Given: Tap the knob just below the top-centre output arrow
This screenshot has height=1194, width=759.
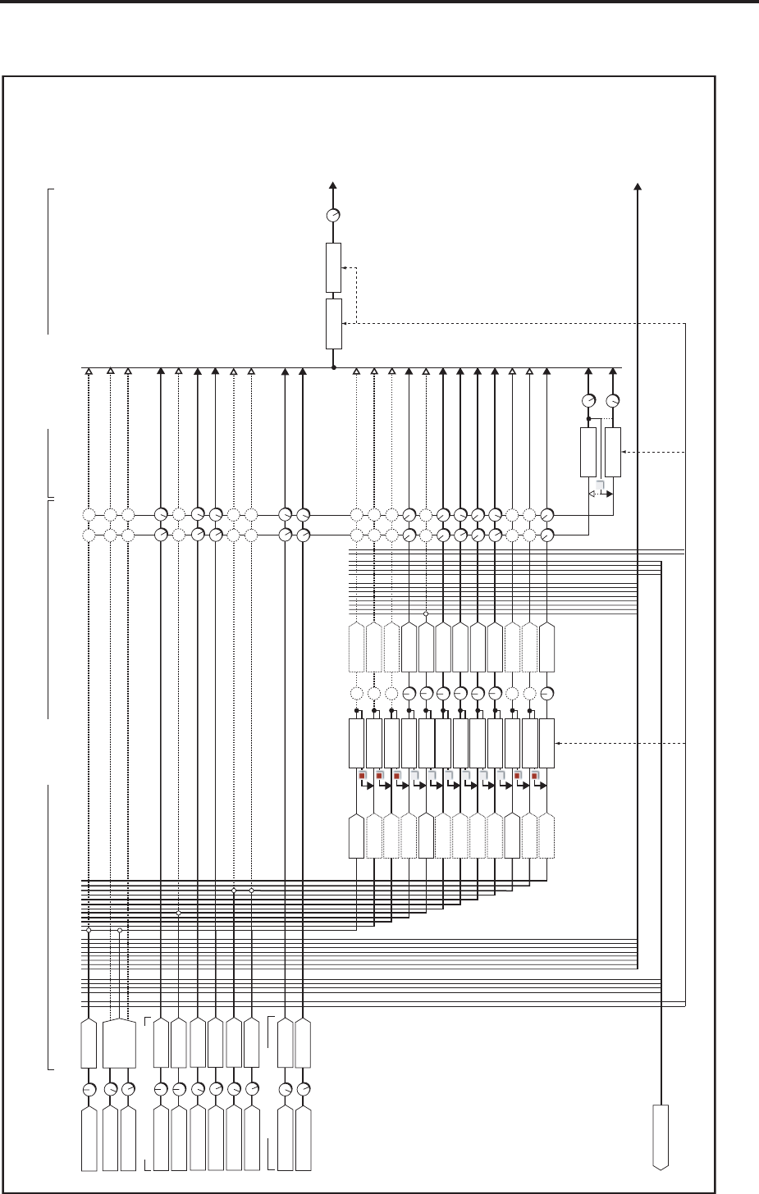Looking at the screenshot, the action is pos(333,216).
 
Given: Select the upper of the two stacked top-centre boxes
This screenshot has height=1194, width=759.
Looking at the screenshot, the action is pos(333,267).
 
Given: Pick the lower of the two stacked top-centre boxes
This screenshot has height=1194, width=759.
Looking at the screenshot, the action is pos(333,324).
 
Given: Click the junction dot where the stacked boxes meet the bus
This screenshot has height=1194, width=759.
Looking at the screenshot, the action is pos(333,368).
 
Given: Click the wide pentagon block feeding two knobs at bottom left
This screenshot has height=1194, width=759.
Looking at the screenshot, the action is pos(121,1044).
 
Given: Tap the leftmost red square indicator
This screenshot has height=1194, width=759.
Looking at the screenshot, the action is pos(360,775).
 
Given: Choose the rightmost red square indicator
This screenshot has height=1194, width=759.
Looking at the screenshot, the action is pos(535,775).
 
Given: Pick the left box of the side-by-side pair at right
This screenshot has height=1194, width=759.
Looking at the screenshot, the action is pos(588,452).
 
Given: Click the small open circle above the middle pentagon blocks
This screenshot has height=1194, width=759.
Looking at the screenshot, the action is pos(426,613).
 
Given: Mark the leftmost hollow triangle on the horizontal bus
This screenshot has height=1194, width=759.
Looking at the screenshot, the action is pos(89,372).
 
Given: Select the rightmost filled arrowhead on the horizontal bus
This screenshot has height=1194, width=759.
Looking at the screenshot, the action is pos(614,372).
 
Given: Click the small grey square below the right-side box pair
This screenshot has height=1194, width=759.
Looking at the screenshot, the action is pos(601,486).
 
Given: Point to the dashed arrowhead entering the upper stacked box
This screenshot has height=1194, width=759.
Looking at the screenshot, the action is pos(345,267).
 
